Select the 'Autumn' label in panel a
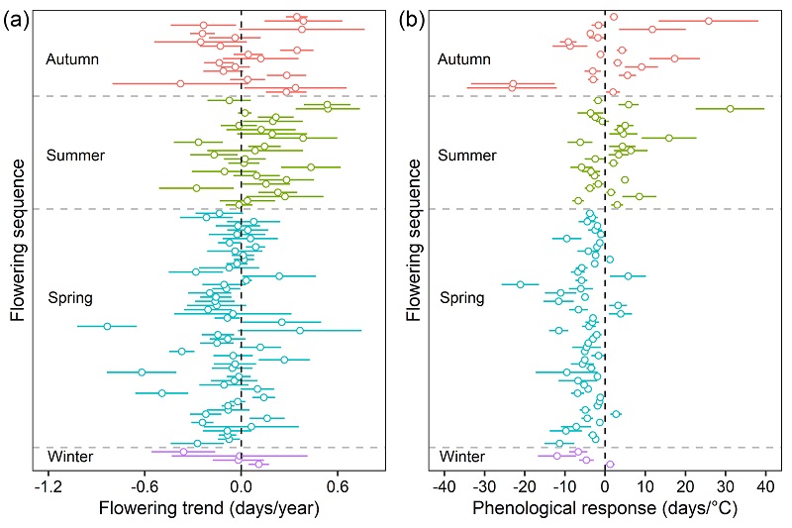72,59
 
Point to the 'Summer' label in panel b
466,156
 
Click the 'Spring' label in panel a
70,297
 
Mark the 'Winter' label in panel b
462,458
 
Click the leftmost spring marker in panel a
107,326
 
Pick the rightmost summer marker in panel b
730,108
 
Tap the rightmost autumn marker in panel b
709,20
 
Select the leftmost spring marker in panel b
520,284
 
